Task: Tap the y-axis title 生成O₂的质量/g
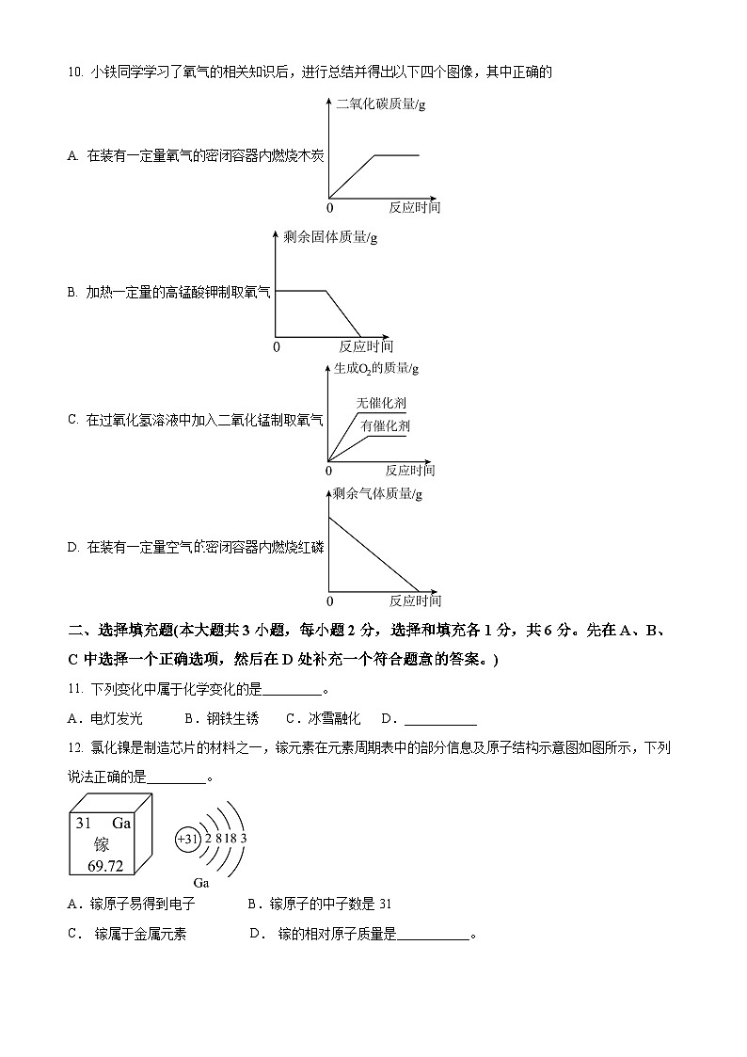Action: coord(376,368)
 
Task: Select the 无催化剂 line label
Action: coord(382,403)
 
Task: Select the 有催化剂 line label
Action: coord(386,426)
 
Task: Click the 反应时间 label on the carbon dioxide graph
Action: coord(414,207)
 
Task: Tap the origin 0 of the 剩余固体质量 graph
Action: coord(277,346)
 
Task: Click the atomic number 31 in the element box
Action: coord(84,823)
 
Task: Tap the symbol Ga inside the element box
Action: coord(120,823)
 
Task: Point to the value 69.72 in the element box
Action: coord(105,865)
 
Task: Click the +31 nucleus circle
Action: coord(188,838)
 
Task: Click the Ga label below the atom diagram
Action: coord(200,883)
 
